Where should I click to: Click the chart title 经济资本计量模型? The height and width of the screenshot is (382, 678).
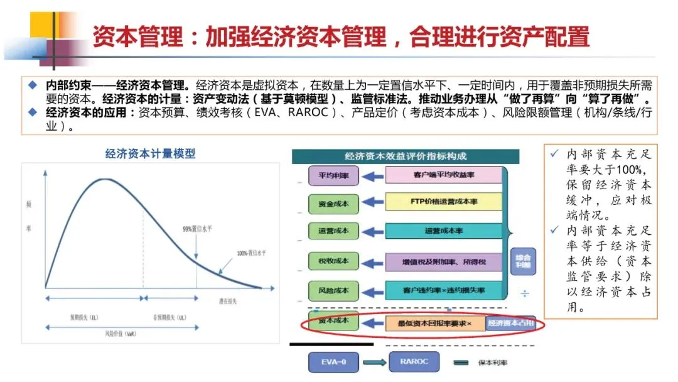[150, 153]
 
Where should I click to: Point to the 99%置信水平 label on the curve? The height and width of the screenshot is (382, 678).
[195, 229]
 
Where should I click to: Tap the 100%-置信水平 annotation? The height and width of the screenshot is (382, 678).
[251, 253]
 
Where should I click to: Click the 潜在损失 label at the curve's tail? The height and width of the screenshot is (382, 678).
[226, 302]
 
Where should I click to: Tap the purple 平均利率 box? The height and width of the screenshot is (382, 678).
[333, 176]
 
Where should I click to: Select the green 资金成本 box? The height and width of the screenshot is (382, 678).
[333, 204]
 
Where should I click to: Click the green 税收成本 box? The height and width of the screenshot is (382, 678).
[333, 261]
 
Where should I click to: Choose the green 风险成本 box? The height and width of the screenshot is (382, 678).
[333, 290]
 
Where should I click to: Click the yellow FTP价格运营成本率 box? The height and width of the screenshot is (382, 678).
[443, 202]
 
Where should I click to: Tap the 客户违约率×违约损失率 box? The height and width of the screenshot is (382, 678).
[443, 290]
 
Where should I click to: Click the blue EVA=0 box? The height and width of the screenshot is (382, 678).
[333, 362]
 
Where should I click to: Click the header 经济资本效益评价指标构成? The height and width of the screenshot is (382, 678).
[406, 156]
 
